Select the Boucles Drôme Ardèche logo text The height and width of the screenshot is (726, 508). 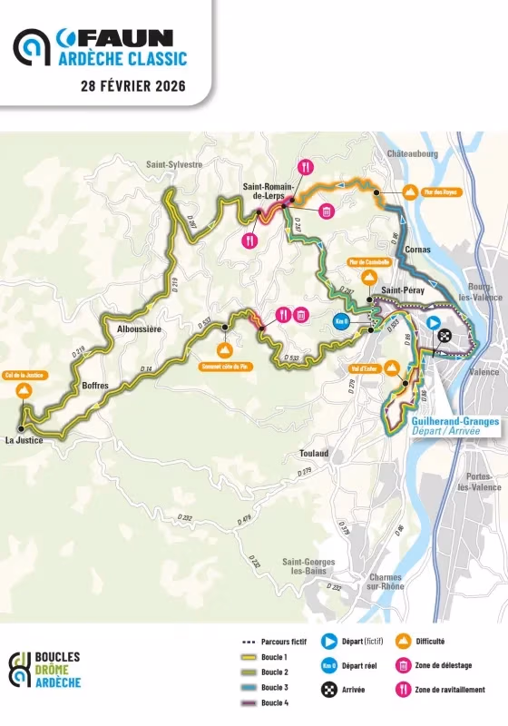click(56, 670)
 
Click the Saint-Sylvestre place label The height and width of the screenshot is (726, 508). click(173, 164)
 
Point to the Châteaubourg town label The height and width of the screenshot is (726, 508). click(413, 154)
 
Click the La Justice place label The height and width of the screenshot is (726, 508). click(24, 440)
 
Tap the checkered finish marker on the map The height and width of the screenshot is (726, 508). click(444, 335)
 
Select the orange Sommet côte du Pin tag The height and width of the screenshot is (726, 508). click(225, 368)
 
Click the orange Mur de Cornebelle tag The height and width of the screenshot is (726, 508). click(369, 262)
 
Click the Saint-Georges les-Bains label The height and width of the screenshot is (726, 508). click(308, 567)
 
